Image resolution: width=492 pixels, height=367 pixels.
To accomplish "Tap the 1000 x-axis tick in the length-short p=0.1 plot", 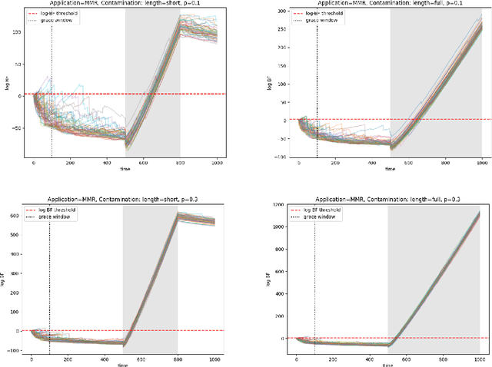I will click(218, 164).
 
